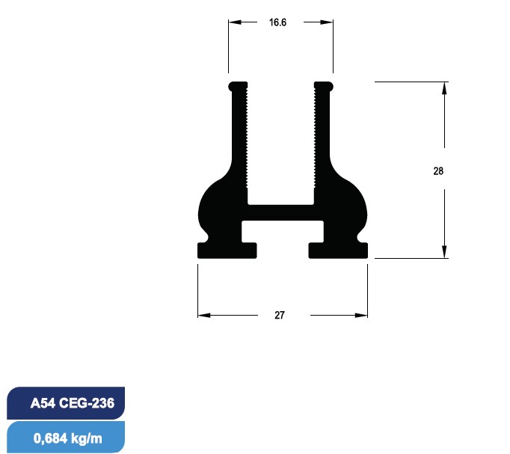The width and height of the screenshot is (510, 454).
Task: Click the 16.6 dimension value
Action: (277, 22)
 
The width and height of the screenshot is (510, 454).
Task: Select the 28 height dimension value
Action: (438, 171)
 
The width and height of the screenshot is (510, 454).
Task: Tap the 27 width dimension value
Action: (279, 315)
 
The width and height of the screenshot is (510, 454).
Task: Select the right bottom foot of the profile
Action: (338, 251)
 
